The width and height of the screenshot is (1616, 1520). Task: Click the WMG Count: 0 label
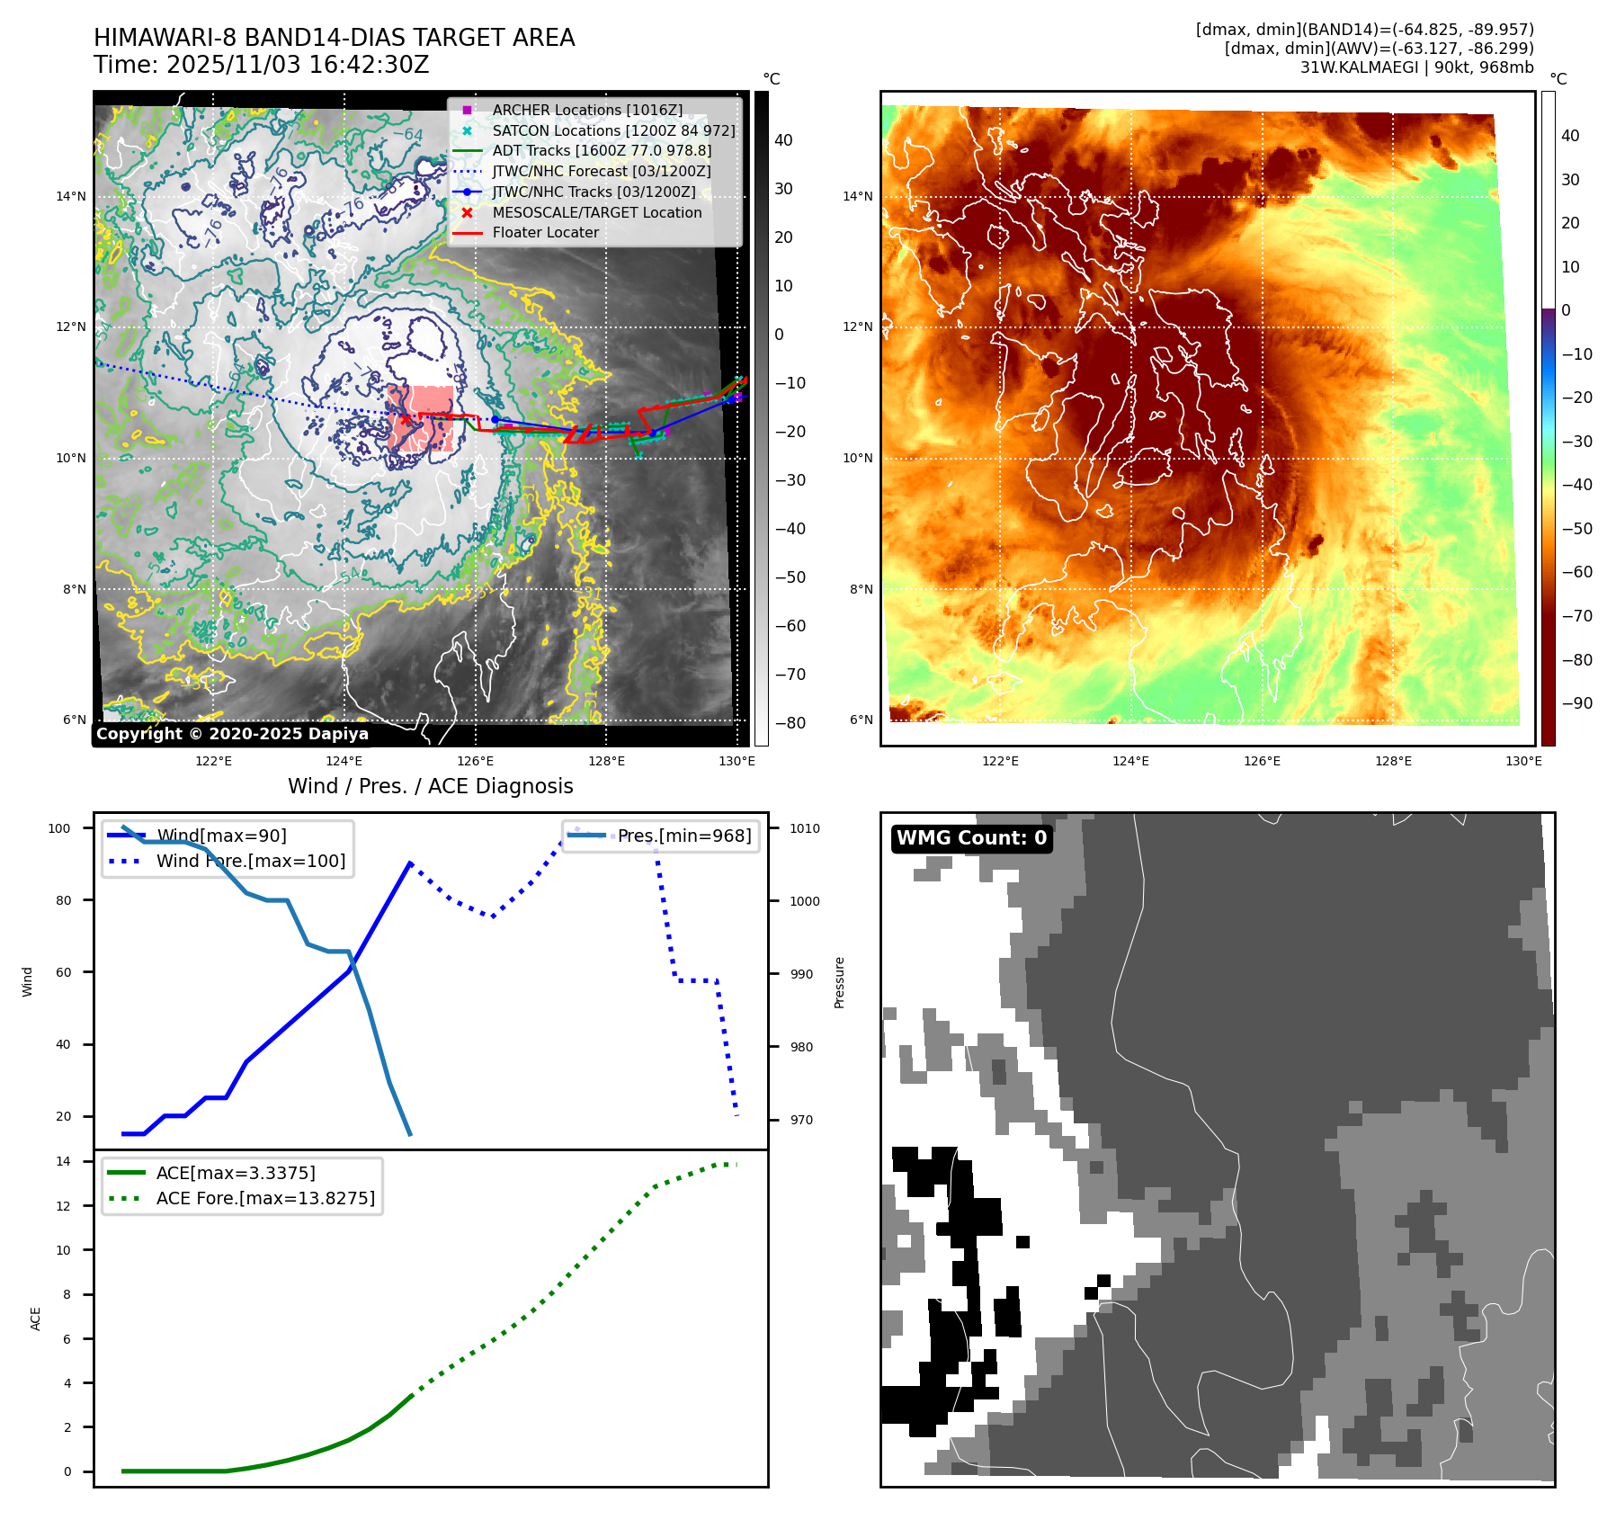click(971, 838)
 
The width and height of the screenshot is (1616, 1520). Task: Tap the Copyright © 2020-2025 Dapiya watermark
click(232, 734)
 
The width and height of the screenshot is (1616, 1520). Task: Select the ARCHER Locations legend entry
click(586, 110)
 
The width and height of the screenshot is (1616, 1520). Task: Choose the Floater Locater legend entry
click(545, 232)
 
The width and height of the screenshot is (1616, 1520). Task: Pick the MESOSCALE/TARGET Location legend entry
click(596, 212)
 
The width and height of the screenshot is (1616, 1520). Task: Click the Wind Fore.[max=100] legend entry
click(250, 861)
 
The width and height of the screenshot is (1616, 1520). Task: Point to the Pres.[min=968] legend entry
click(683, 836)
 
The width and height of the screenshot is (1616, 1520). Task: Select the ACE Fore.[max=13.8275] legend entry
click(265, 1198)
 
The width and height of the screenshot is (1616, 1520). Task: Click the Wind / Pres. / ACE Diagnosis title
click(430, 786)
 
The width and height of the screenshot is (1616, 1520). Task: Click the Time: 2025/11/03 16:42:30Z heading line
click(262, 65)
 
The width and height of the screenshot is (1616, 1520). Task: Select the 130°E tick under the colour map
click(1523, 761)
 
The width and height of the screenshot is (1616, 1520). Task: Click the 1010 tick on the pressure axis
click(805, 828)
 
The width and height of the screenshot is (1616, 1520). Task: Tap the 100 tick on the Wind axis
click(59, 828)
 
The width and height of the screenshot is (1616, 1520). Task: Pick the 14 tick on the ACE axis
click(63, 1161)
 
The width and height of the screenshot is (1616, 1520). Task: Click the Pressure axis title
click(839, 982)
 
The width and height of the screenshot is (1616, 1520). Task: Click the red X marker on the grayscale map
click(406, 419)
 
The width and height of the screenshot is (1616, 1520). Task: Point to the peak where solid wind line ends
click(410, 863)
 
